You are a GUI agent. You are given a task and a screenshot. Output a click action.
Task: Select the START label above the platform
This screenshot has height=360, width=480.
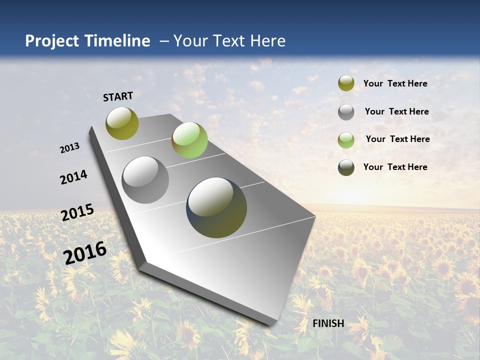click(x=118, y=96)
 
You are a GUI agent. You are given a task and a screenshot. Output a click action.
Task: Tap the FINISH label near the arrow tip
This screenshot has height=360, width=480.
click(x=328, y=323)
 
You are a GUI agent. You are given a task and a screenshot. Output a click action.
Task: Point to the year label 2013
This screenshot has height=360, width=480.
click(x=70, y=148)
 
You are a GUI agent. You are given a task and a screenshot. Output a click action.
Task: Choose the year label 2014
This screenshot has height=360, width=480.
click(x=74, y=177)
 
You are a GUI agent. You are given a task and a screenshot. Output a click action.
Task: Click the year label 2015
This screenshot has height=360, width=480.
click(x=77, y=212)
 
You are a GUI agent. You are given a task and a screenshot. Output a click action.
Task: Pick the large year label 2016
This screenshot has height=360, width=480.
click(x=85, y=252)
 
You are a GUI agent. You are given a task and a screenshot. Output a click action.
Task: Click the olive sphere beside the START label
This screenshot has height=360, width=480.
click(x=122, y=123)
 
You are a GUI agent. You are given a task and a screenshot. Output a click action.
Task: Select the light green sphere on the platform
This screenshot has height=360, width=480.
click(x=189, y=140)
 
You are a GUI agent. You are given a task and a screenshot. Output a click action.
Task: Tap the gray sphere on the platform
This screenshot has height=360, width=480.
click(x=145, y=180)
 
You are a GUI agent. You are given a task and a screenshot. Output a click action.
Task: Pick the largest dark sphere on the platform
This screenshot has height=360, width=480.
click(x=216, y=207)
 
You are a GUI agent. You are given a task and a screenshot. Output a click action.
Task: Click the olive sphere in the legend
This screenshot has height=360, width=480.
click(x=346, y=83)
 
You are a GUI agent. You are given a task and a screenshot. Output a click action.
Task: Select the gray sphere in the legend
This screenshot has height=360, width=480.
click(x=346, y=112)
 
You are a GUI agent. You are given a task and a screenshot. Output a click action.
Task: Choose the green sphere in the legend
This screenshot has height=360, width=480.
click(x=346, y=140)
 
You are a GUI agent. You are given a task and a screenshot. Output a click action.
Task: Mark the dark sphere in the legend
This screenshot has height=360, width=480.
click(x=346, y=167)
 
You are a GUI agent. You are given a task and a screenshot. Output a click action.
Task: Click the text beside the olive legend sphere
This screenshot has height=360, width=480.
click(x=395, y=83)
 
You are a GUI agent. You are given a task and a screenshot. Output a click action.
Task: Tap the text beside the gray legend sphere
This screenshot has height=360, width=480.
click(x=396, y=111)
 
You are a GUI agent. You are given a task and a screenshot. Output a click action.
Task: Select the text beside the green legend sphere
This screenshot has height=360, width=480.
click(x=397, y=139)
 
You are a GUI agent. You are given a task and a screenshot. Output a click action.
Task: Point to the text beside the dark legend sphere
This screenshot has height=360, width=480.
click(x=395, y=167)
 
